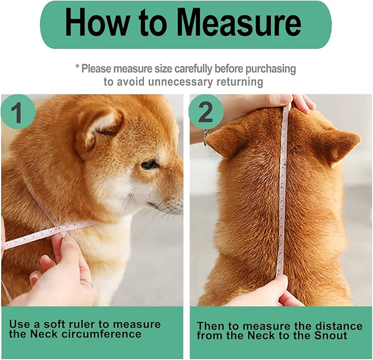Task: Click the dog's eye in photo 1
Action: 148,164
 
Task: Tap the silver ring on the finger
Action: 87,283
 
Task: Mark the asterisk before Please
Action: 78,67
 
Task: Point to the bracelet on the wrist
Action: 205,135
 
